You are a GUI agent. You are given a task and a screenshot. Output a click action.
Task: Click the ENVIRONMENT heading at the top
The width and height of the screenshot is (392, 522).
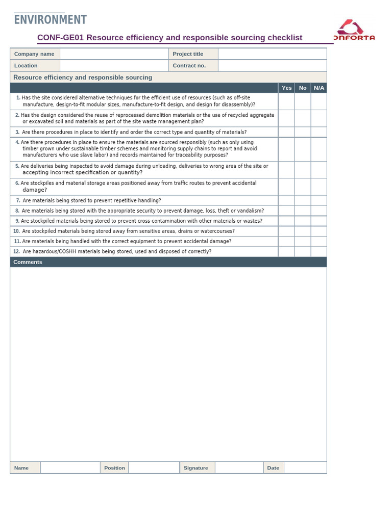(50, 19)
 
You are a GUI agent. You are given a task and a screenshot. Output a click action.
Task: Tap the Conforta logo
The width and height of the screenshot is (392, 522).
(354, 30)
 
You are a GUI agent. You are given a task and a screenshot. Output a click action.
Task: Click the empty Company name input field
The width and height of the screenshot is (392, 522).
(114, 54)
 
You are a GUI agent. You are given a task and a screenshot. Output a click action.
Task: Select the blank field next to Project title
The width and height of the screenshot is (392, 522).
(272, 54)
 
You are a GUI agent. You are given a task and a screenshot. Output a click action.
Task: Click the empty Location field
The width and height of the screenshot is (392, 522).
(114, 66)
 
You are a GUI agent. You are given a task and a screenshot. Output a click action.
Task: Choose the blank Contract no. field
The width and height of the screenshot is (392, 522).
(272, 66)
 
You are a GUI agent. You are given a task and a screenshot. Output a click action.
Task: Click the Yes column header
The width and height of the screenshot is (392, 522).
(287, 88)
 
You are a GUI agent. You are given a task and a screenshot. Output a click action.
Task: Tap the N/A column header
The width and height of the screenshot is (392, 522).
(319, 88)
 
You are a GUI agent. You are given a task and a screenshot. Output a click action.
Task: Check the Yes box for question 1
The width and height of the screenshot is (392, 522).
(286, 101)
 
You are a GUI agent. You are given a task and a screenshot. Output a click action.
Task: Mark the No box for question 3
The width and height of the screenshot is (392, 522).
(303, 132)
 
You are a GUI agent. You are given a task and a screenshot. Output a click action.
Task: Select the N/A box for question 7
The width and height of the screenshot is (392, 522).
(319, 200)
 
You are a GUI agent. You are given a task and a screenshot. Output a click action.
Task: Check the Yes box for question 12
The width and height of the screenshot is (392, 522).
(286, 252)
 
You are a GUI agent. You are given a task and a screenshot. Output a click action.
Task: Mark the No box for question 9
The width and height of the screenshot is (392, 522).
(303, 221)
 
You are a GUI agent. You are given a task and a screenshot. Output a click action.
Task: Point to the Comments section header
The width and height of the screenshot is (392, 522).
(28, 262)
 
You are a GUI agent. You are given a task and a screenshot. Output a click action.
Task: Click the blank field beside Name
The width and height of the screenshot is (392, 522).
(70, 467)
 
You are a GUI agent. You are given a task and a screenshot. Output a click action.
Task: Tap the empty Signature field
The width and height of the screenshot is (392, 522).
(239, 467)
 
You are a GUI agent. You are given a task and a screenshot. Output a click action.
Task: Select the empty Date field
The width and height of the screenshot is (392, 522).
(305, 467)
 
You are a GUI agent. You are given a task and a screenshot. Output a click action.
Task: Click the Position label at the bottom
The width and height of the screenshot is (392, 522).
(114, 468)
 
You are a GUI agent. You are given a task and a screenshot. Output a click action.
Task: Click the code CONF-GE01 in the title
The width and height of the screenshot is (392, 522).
(61, 38)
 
